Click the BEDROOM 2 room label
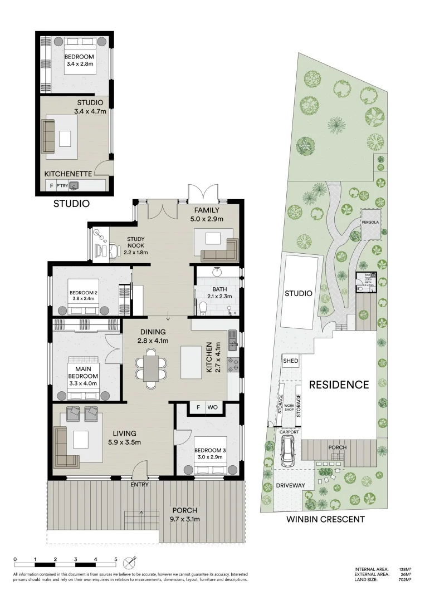pyautogui.click(x=84, y=295)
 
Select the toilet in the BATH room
pyautogui.click(x=204, y=308)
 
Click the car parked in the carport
pyautogui.click(x=289, y=450)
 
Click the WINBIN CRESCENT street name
pyautogui.click(x=325, y=519)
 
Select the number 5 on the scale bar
pyautogui.click(x=115, y=558)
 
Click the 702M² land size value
pyautogui.click(x=403, y=579)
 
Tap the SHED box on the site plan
pyautogui.click(x=291, y=361)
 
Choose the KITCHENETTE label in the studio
pyautogui.click(x=68, y=174)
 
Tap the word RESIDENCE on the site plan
pyautogui.click(x=339, y=385)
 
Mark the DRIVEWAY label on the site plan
pyautogui.click(x=291, y=485)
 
